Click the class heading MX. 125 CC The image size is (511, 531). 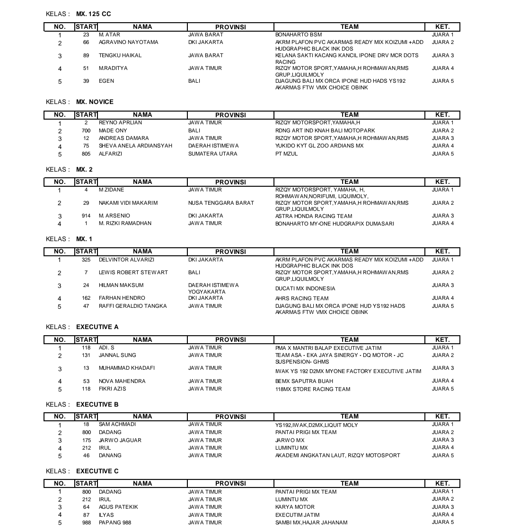tap(93, 14)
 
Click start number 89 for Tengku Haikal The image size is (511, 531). tap(86, 55)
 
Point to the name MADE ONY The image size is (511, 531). tap(113, 131)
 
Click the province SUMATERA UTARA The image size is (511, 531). tap(212, 154)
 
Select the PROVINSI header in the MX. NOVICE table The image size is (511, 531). tap(230, 115)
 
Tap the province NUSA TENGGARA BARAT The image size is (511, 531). tap(221, 203)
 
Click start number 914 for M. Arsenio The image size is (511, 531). tap(86, 216)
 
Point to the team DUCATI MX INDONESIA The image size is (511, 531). tap(305, 288)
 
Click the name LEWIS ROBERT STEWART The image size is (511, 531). tap(133, 272)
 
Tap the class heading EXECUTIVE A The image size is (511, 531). tap(97, 327)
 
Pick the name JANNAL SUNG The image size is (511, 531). tap(117, 355)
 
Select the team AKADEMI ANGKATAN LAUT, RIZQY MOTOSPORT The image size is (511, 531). tap(337, 455)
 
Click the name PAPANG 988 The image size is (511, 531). tap(115, 522)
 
